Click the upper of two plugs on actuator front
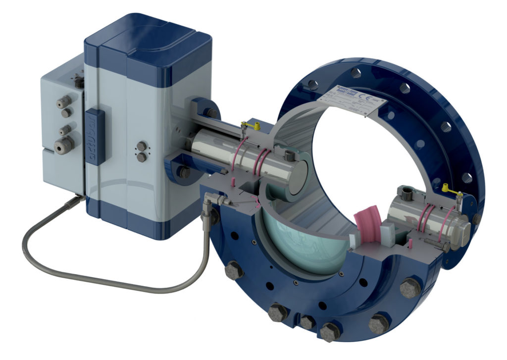[x=143, y=147]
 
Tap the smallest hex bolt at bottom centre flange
[x=307, y=322]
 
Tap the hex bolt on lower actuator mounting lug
[x=184, y=172]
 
